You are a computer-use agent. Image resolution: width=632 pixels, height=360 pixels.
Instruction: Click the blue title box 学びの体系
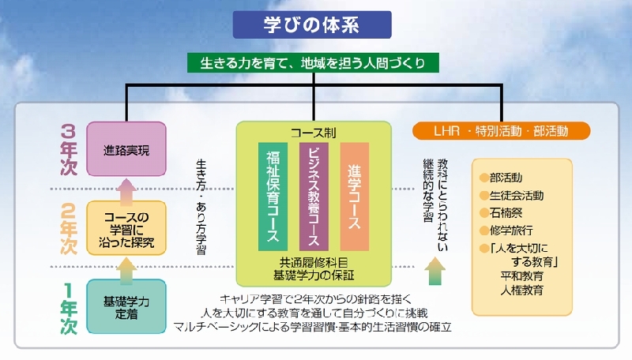tap(312, 24)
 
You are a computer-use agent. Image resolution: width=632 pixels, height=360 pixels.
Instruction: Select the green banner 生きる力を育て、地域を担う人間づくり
tap(313, 63)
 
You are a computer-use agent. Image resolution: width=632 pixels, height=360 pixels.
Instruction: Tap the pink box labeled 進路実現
tap(126, 149)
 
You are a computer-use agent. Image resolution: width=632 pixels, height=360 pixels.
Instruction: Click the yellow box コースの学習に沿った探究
tap(126, 228)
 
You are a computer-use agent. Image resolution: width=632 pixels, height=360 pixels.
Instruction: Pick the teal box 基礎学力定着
tap(126, 306)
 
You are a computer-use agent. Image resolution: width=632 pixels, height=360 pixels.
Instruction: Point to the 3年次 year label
tap(69, 150)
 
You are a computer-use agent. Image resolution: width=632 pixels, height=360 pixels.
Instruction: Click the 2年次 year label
tap(69, 228)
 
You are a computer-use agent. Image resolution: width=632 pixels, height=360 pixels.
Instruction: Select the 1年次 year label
tap(69, 308)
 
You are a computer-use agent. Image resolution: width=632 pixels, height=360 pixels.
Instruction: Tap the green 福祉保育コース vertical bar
tap(273, 197)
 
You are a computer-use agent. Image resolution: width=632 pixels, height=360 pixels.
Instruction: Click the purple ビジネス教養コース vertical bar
tap(314, 197)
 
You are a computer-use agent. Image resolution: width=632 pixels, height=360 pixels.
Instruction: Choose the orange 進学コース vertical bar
tap(354, 197)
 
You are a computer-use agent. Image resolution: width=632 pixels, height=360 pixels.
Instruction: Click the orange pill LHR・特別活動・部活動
tap(502, 131)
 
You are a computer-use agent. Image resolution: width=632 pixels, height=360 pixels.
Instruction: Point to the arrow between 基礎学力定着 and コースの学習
tap(126, 271)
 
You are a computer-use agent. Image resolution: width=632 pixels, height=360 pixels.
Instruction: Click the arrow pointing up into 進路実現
tap(126, 192)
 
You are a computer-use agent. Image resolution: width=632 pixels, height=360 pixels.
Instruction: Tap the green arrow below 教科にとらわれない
tap(435, 271)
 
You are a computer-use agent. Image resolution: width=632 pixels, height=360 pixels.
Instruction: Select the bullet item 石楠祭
tap(501, 212)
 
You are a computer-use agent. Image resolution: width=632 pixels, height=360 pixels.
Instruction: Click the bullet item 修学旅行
tap(506, 231)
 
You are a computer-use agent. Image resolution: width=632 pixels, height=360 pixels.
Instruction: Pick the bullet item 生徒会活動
tap(511, 195)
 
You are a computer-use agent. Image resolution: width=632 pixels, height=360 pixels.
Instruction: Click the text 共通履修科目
tap(314, 263)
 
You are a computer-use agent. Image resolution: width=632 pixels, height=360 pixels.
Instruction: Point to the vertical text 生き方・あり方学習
tap(201, 207)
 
